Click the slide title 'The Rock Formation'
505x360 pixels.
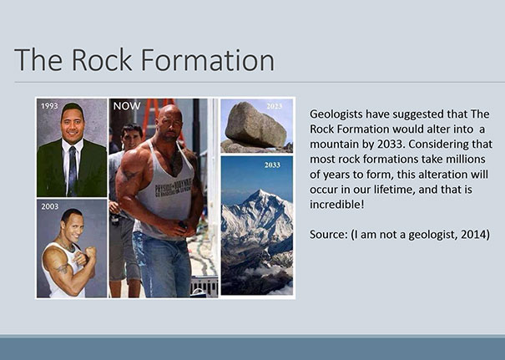(x=144, y=60)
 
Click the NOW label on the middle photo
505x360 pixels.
(x=127, y=106)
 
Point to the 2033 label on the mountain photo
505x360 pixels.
(x=272, y=165)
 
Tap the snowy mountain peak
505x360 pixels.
(x=264, y=200)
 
